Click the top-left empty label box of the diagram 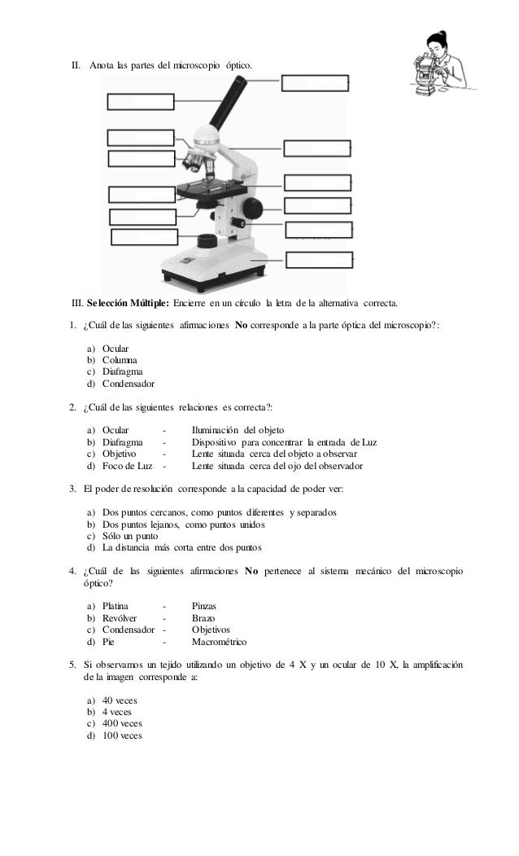coord(141,101)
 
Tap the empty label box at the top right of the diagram coord(315,82)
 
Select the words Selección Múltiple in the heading coord(128,304)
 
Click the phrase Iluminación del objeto coord(238,429)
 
